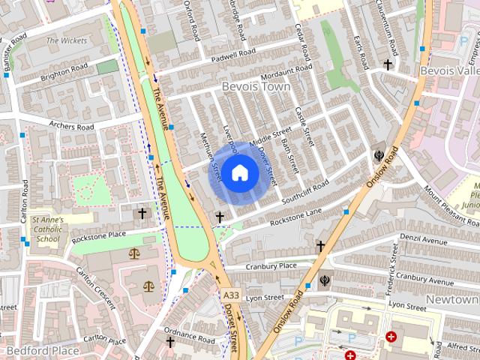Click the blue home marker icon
click(x=239, y=173)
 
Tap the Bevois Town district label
click(x=255, y=88)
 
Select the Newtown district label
click(x=451, y=299)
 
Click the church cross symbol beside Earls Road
click(x=388, y=65)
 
